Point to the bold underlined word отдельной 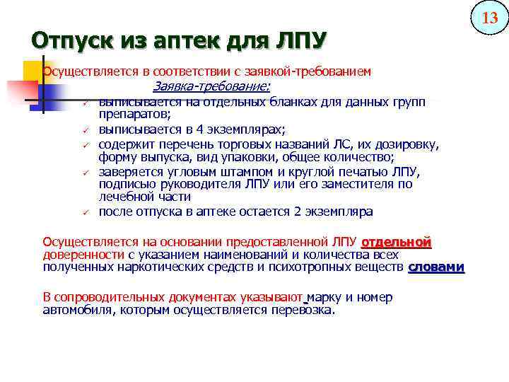pos(396,242)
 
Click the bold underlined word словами pos(436,267)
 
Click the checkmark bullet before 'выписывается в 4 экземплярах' pos(83,129)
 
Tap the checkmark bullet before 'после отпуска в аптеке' pos(83,212)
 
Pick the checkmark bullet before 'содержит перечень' pos(83,146)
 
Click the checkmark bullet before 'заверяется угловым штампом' pos(83,172)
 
